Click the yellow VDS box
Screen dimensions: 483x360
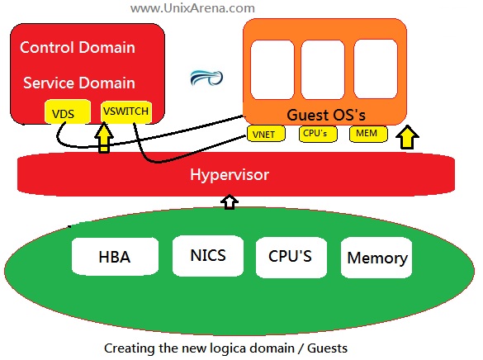coord(68,111)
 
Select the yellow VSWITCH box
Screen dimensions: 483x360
coord(126,111)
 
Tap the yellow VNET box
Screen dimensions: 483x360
coord(266,134)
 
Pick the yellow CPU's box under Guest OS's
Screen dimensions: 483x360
coord(318,134)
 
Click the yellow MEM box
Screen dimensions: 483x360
coord(368,134)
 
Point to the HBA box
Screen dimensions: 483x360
coord(115,256)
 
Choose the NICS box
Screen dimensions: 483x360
coord(208,256)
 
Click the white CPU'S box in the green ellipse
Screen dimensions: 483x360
coord(291,257)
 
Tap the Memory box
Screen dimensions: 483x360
coord(376,257)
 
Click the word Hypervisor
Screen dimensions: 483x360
coord(230,174)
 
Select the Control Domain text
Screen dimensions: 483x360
coord(78,47)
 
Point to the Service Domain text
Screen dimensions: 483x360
coord(79,83)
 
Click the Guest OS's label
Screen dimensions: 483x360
coord(326,115)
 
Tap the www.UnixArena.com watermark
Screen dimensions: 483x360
coord(192,7)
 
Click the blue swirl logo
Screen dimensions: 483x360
coord(206,78)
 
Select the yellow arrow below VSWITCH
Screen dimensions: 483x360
coord(104,137)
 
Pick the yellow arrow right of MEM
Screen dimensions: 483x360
coord(407,137)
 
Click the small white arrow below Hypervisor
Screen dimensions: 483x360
coord(230,201)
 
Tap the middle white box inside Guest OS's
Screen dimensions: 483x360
coord(323,69)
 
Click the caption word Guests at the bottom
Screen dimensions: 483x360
coord(327,348)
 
